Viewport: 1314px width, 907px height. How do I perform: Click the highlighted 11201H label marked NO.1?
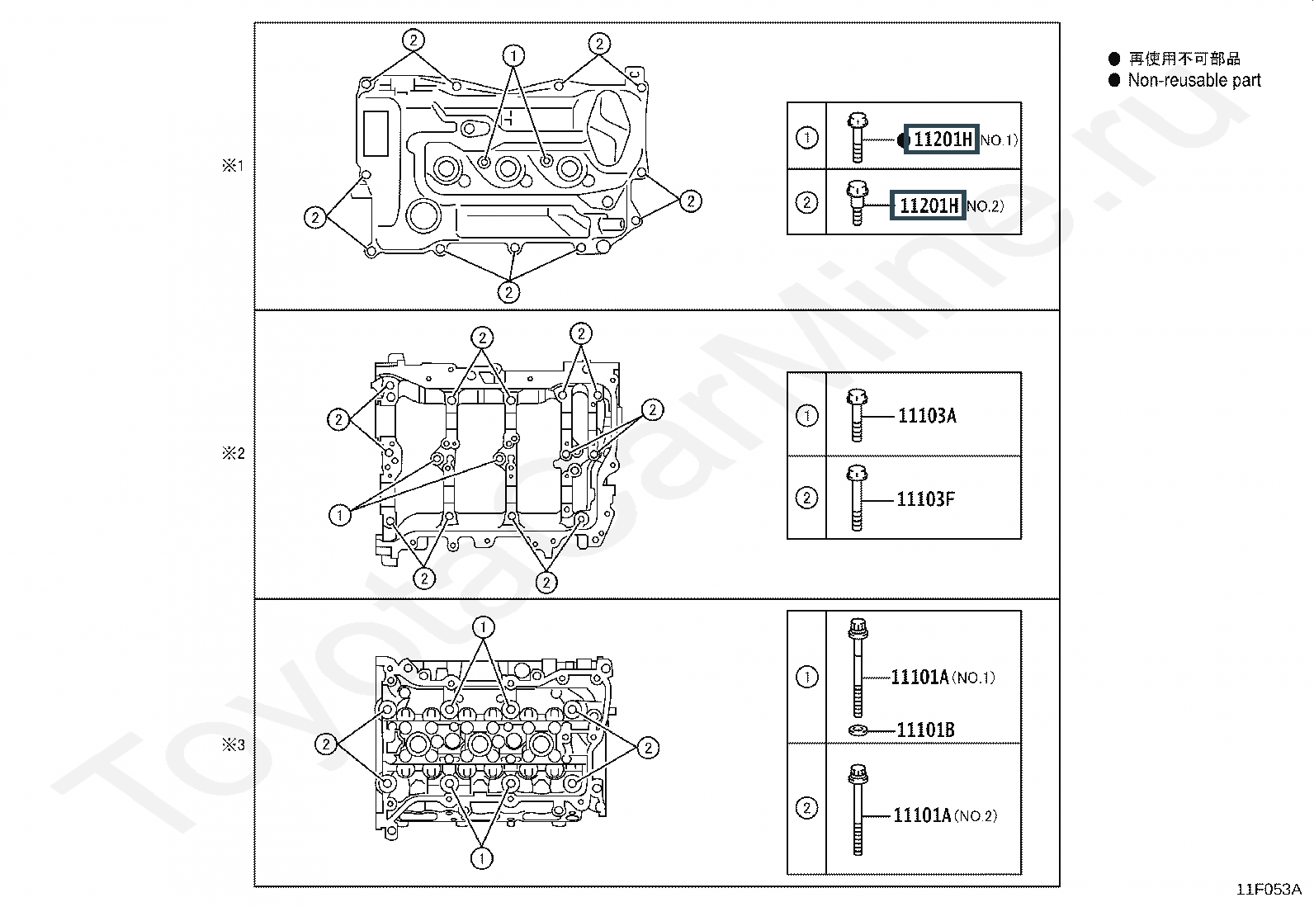pyautogui.click(x=941, y=139)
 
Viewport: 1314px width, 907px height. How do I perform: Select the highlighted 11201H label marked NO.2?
pyautogui.click(x=928, y=205)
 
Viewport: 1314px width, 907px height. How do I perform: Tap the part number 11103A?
pyautogui.click(x=927, y=415)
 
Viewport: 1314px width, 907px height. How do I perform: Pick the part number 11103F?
pyautogui.click(x=926, y=498)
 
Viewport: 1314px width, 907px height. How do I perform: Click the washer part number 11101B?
pyautogui.click(x=926, y=730)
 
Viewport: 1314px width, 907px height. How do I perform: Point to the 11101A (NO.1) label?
pyautogui.click(x=943, y=677)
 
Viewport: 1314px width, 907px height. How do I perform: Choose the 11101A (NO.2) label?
pyautogui.click(x=945, y=815)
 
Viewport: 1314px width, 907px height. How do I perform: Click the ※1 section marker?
pyautogui.click(x=233, y=165)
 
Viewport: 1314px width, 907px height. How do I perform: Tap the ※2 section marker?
pyautogui.click(x=233, y=453)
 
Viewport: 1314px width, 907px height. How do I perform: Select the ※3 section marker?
pyautogui.click(x=233, y=744)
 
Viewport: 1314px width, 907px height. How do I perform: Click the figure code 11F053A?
pyautogui.click(x=1269, y=890)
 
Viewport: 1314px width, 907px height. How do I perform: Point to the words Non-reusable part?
pyautogui.click(x=1194, y=80)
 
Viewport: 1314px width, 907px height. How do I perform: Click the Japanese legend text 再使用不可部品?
pyautogui.click(x=1184, y=59)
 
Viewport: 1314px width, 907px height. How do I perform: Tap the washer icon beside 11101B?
pyautogui.click(x=858, y=730)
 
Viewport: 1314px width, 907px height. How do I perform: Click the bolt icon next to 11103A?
pyautogui.click(x=857, y=415)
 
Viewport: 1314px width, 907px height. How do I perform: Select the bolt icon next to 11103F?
pyautogui.click(x=857, y=498)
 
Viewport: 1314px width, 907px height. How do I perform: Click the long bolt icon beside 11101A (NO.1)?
pyautogui.click(x=858, y=668)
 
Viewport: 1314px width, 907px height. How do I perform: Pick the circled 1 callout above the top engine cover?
pyautogui.click(x=513, y=56)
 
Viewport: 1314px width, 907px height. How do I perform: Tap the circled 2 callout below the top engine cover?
pyautogui.click(x=508, y=292)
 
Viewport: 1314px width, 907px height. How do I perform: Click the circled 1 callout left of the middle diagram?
pyautogui.click(x=340, y=516)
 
